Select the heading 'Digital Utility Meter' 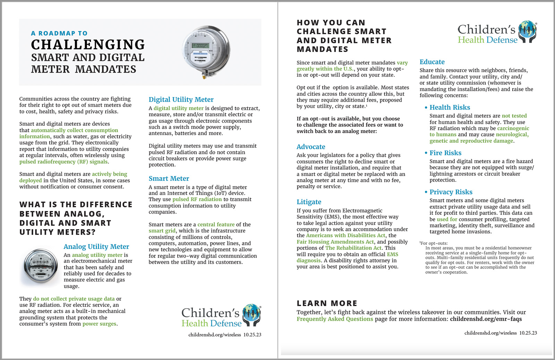[181, 100]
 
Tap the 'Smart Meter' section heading [169, 178]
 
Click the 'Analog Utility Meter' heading [96, 246]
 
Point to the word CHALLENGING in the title [88, 45]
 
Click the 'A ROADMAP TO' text [59, 33]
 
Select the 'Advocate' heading [311, 147]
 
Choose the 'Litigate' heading [309, 202]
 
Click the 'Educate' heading [432, 62]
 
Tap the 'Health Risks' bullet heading [450, 107]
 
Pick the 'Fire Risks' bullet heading [445, 153]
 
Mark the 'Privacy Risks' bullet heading [451, 192]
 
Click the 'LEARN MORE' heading [327, 303]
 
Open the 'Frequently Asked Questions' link [335, 319]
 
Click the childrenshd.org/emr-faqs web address [486, 319]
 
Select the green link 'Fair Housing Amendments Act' [335, 242]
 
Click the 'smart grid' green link [162, 231]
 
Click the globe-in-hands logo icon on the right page [527, 31]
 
